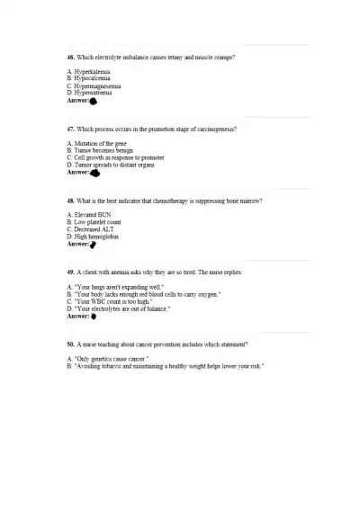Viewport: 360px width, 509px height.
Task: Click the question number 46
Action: [71, 57]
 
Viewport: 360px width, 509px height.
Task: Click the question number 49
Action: [71, 272]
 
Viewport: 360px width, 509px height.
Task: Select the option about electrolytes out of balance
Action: [119, 308]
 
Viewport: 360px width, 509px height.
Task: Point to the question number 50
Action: [71, 344]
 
